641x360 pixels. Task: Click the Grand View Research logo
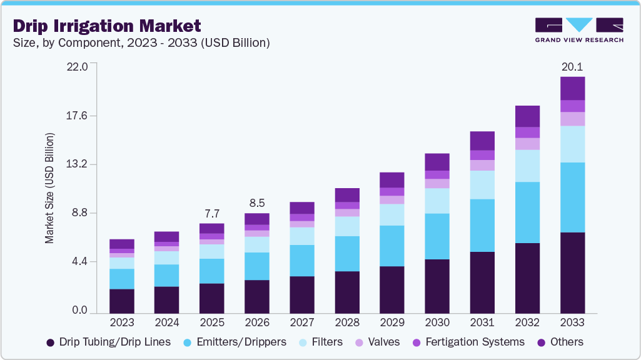coord(579,30)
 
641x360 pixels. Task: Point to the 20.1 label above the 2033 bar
coord(572,67)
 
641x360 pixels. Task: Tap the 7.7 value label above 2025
coord(212,213)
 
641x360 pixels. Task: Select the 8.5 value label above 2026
coord(257,203)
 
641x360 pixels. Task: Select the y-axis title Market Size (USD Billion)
coord(49,188)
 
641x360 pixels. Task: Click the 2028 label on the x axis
coord(347,322)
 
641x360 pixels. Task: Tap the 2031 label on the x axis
coord(482,322)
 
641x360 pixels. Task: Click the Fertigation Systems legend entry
coord(468,342)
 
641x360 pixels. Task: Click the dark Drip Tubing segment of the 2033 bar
coord(572,272)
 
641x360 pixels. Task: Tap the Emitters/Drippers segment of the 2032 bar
coord(527,212)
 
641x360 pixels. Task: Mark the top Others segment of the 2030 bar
coord(437,162)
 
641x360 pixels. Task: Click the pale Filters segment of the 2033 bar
coord(572,144)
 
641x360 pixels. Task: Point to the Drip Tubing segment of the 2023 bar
coord(122,301)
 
